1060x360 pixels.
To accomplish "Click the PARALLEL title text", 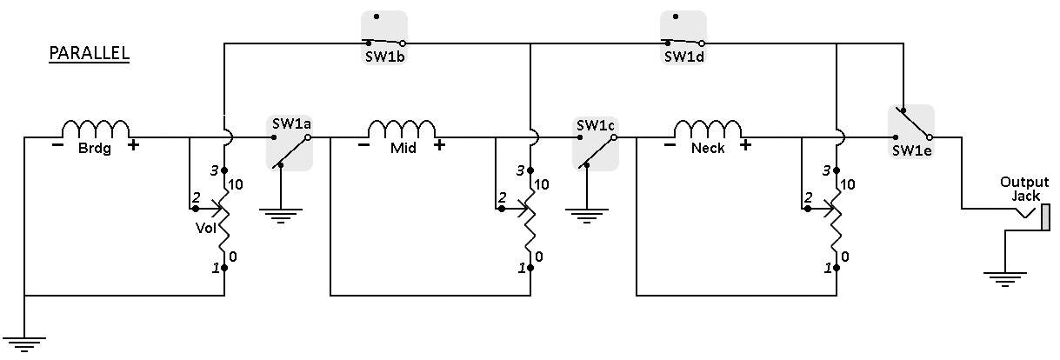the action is tap(90, 52).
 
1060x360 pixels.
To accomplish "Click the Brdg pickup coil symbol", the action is tap(95, 129).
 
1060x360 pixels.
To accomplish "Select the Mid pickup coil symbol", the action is tap(401, 129).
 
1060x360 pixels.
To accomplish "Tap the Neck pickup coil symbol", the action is tap(708, 129).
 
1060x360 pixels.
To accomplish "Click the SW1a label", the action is tap(291, 124).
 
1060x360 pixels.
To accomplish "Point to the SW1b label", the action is tap(384, 57).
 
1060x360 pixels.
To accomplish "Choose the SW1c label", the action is tap(596, 125).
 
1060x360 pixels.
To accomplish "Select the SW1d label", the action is tap(683, 57).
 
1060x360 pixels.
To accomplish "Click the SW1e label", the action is tap(911, 150).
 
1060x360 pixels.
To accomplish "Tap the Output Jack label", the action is tap(1024, 189).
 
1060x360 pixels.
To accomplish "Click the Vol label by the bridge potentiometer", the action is tap(206, 228).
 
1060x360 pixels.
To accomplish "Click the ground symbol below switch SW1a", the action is tap(281, 216).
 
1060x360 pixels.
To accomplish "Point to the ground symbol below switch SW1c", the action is tap(587, 216).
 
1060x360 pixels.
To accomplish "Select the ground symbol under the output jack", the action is tap(1005, 280).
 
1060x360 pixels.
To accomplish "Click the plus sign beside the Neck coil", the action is tap(745, 144).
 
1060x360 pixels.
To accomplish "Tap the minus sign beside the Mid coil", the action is tap(363, 144).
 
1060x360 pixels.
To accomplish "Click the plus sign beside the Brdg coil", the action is tap(133, 144).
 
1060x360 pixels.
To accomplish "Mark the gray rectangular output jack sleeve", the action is tap(1046, 217).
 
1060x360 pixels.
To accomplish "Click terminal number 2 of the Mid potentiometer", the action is tap(502, 197).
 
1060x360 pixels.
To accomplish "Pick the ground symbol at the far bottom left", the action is tap(24, 345).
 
